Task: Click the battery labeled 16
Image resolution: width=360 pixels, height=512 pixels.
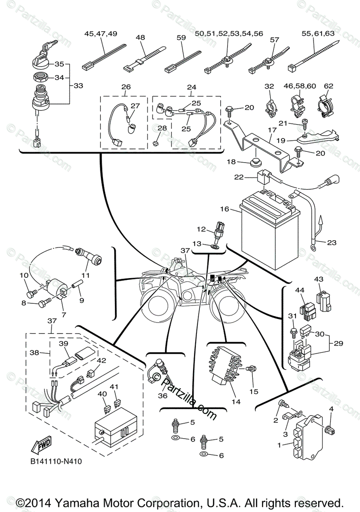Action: [265, 233]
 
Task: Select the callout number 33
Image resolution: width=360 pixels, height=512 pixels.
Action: [78, 85]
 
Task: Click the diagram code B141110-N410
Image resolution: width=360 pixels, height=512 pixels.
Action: [56, 461]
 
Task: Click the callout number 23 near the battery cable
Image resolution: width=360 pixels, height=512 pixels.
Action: [331, 243]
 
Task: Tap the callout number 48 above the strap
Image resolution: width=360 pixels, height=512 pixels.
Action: [140, 38]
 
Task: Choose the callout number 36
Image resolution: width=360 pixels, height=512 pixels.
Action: [162, 396]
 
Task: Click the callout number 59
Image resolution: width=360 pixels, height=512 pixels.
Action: [181, 38]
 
